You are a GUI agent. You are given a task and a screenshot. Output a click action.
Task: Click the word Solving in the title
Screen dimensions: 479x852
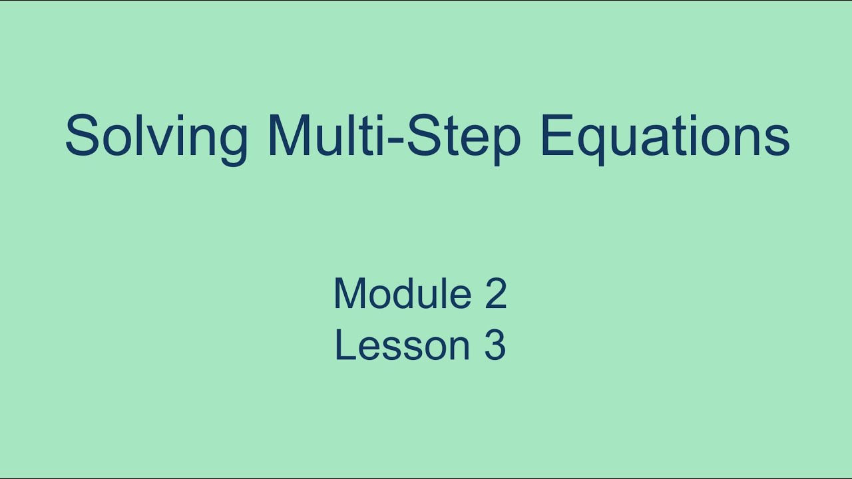[x=156, y=136]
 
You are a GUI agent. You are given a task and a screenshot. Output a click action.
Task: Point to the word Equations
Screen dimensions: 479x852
[x=665, y=136]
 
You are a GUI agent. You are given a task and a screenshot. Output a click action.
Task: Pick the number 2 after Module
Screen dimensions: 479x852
[x=495, y=293]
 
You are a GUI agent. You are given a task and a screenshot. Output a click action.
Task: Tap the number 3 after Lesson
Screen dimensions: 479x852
[x=495, y=345]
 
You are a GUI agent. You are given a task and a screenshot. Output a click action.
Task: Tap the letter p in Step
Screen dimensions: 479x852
[x=503, y=141]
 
